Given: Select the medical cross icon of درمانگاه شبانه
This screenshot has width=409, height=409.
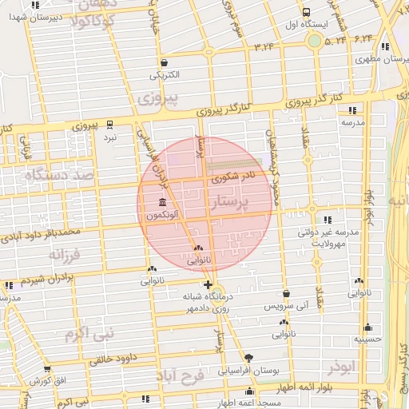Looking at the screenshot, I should point(208,284).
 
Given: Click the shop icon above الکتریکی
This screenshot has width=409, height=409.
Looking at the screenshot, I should point(164,62).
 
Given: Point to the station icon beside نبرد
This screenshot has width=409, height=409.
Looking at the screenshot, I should point(110,124).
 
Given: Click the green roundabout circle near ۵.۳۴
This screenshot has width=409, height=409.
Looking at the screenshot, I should point(315,40).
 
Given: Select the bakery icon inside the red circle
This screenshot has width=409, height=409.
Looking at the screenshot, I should point(198,248).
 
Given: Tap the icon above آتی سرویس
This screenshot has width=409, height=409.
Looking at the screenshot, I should point(286,292).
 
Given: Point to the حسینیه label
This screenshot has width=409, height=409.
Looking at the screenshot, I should point(369,339).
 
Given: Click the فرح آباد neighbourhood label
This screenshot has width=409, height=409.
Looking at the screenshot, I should point(181,374).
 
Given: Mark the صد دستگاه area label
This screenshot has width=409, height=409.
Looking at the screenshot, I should point(60,174).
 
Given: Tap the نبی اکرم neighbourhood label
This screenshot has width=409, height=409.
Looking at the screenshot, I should point(90,331).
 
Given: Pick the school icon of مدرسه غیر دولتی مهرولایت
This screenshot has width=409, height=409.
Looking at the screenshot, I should point(328,219).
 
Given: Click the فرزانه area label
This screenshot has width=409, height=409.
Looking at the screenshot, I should point(66,256).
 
